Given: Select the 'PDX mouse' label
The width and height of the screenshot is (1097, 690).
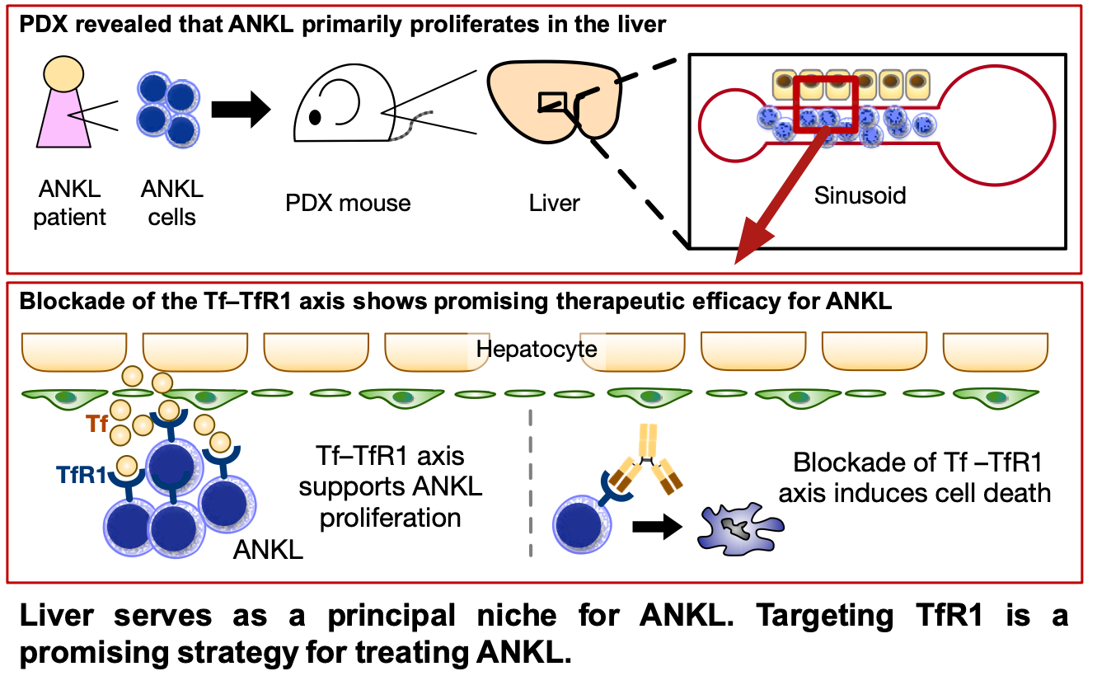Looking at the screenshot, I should [348, 203].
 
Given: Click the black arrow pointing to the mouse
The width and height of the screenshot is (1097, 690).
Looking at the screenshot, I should [241, 110].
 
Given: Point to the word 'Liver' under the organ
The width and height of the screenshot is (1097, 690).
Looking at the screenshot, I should [555, 203].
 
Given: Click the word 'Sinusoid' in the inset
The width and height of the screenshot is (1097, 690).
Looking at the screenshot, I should [860, 195].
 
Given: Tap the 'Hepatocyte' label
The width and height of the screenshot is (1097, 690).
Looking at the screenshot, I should [537, 349].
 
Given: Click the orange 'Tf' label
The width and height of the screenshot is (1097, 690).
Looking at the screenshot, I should [97, 425].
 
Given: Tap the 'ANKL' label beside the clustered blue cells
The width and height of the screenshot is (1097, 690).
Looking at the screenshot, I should [268, 548].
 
